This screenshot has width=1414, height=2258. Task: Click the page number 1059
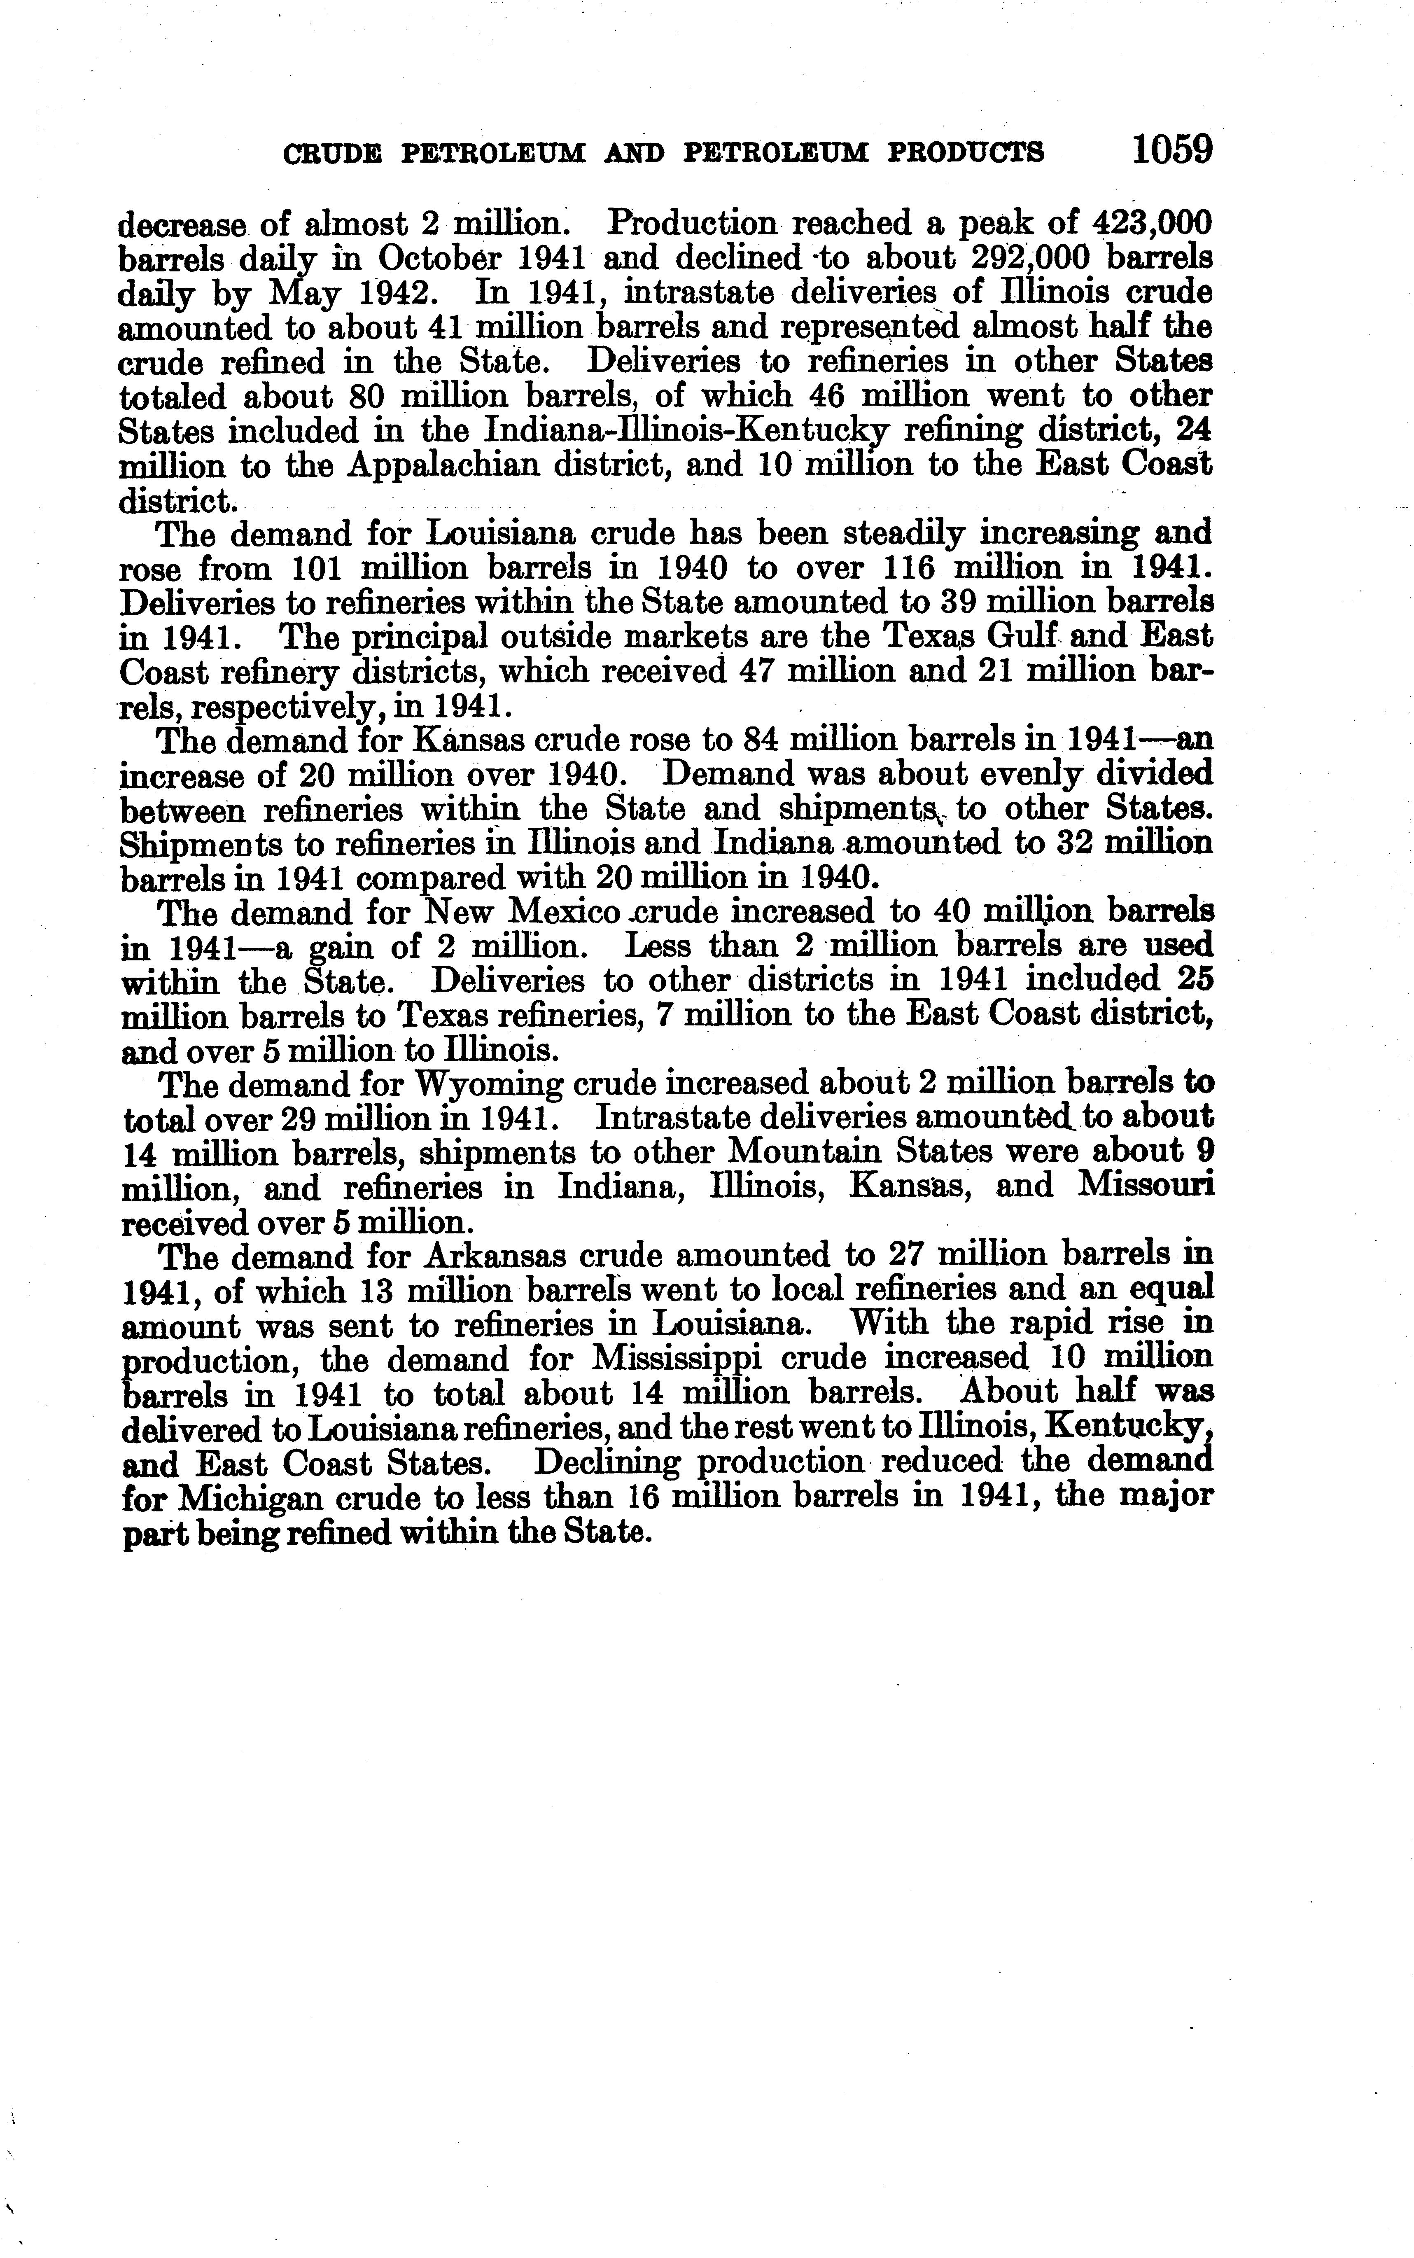[x=1171, y=149]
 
